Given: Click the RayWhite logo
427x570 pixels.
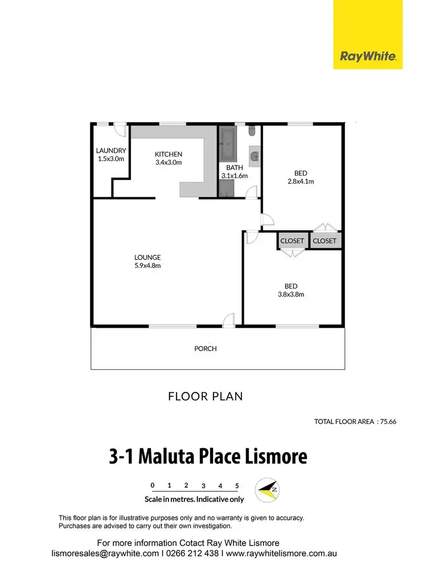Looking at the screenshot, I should tap(368, 56).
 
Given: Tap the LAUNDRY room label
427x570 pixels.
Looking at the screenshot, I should tap(110, 151).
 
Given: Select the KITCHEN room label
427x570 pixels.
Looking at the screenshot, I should tap(169, 154).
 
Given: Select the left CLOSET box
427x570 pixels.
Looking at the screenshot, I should tap(292, 241).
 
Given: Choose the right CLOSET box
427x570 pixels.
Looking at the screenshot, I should tap(325, 241).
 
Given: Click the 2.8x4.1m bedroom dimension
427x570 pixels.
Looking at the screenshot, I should tap(301, 182).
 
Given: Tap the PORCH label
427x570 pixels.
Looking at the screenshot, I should tap(206, 348).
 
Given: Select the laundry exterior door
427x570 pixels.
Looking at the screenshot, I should tap(119, 129).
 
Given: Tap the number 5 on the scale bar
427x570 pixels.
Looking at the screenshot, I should tap(237, 486).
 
